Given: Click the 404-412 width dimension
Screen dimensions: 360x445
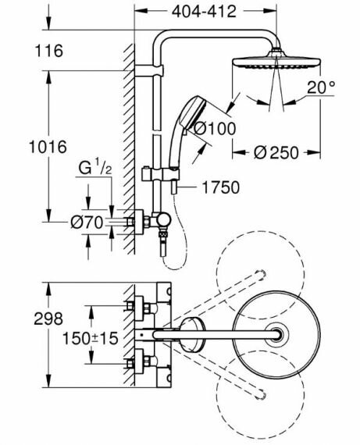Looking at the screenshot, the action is tap(204, 12).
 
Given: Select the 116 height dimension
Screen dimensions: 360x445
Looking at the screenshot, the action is tap(49, 51).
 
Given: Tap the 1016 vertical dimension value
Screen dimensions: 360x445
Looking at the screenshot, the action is tap(48, 147).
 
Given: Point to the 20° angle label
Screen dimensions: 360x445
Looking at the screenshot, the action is tap(321, 87).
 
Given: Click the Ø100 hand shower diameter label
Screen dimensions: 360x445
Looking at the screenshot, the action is tap(215, 129).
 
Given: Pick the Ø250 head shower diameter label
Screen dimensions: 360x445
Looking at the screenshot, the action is tap(276, 153).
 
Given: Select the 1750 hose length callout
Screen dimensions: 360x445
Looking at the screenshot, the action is tap(220, 187).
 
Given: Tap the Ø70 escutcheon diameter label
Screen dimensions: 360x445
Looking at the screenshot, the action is tap(87, 222).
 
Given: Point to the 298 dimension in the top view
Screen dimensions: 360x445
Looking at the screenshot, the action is tap(48, 319).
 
